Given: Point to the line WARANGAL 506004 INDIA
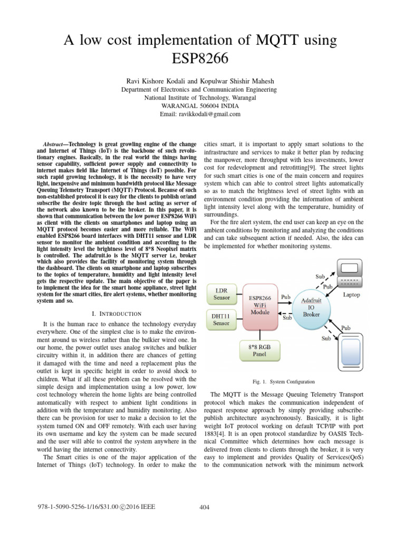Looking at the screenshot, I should click(203, 105).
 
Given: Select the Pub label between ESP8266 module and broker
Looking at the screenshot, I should click(285, 297).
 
